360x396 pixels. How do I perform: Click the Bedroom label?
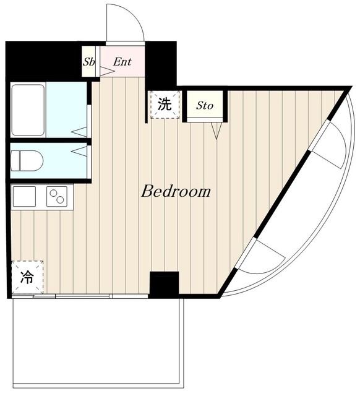176,191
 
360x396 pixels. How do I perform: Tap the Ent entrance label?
122,62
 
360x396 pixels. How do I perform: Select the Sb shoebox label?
89,62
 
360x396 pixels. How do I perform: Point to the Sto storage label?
205,105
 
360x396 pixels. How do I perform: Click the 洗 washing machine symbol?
165,105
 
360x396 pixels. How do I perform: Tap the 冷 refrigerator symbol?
27,277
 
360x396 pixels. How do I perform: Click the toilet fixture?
27,161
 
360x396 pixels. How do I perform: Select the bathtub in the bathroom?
28,110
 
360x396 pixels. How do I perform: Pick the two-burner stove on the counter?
57,197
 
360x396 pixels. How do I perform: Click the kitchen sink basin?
24,197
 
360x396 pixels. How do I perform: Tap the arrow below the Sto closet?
216,131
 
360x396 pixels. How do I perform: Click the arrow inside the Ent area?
107,71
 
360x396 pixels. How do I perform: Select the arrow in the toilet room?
79,151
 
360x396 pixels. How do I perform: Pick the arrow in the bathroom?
79,132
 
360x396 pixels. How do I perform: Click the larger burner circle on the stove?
60,200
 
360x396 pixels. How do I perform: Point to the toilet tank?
15,161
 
